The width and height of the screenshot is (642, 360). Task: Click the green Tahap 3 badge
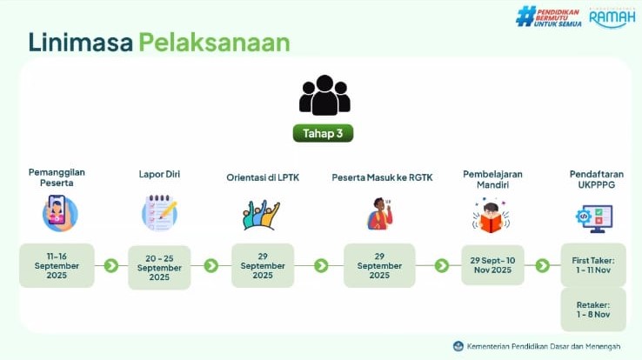point(323,133)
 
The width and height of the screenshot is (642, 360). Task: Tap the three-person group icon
point(324,95)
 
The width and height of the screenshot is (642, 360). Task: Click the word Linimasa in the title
point(81,42)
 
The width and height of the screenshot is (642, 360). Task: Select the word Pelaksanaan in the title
point(214,42)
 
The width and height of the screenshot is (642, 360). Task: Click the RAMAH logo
point(612,18)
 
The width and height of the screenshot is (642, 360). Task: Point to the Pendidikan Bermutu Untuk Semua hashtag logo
point(549,17)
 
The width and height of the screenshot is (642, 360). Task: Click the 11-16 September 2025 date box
point(57,265)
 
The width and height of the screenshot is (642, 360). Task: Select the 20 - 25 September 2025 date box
point(159,268)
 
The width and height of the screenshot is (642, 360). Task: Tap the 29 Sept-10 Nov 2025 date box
point(492,265)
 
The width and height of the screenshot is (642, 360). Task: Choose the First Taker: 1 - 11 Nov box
point(593,265)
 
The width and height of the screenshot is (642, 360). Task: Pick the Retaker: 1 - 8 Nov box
point(593,310)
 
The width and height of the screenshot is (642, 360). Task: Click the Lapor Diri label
point(159,174)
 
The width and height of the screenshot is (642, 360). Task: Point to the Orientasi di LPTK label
point(263,177)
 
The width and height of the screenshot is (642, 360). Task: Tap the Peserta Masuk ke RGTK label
point(382,177)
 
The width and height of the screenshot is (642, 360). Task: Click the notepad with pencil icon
point(160,213)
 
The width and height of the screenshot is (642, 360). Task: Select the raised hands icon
point(261,215)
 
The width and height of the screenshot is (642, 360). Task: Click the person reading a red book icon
point(491,217)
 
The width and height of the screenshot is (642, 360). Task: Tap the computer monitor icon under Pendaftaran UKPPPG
point(594,218)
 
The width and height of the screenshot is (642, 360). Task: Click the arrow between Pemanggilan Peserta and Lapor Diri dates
point(111,265)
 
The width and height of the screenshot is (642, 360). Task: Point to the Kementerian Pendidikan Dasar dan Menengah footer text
point(544,346)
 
